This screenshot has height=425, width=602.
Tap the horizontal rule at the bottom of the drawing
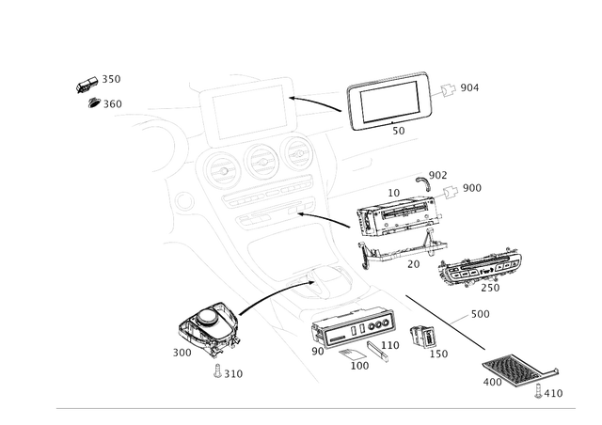pyautogui.click(x=315, y=408)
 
